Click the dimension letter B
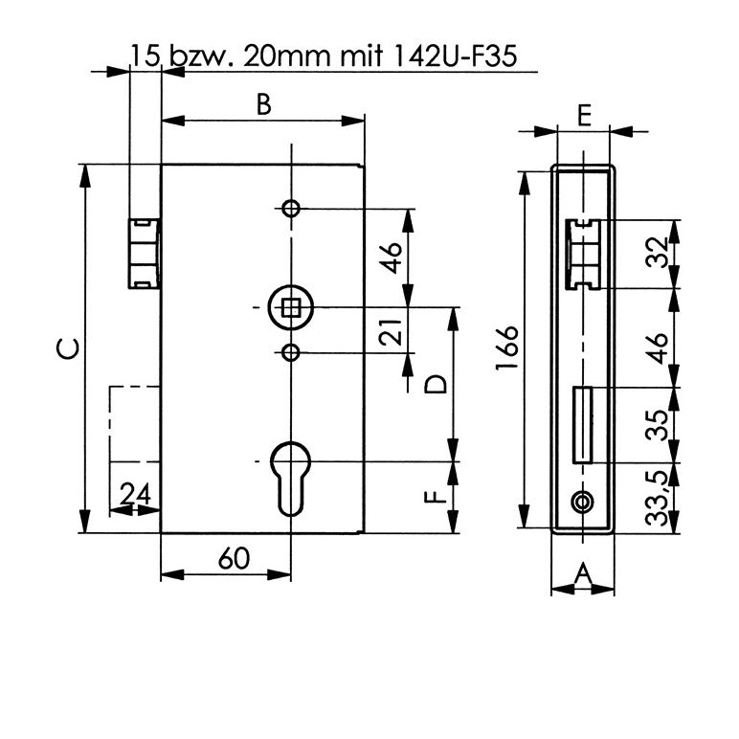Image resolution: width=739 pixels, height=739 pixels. pyautogui.click(x=264, y=104)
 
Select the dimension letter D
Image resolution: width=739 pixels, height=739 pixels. pyautogui.click(x=435, y=384)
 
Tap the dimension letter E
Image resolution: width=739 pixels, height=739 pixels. pyautogui.click(x=584, y=116)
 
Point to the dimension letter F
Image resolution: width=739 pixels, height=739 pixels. pyautogui.click(x=435, y=497)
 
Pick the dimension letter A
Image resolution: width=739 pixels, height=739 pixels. pyautogui.click(x=583, y=573)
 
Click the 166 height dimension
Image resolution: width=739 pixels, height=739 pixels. pyautogui.click(x=507, y=347)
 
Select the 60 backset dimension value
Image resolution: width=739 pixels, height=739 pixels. pyautogui.click(x=234, y=558)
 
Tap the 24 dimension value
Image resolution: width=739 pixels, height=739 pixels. pyautogui.click(x=135, y=494)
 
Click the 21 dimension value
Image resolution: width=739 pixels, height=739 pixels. pyautogui.click(x=391, y=332)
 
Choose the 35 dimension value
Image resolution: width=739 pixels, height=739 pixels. pyautogui.click(x=658, y=425)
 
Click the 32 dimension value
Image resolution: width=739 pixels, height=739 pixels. pyautogui.click(x=658, y=253)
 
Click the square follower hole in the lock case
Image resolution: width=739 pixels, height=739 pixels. pyautogui.click(x=291, y=308)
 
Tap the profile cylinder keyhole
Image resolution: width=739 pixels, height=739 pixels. pyautogui.click(x=291, y=479)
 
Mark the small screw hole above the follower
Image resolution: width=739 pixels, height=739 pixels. pyautogui.click(x=291, y=208)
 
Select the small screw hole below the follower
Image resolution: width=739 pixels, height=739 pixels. pyautogui.click(x=291, y=352)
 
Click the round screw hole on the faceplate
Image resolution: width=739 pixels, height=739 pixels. pyautogui.click(x=583, y=502)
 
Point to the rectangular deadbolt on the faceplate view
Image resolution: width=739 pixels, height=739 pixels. pyautogui.click(x=583, y=425)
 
